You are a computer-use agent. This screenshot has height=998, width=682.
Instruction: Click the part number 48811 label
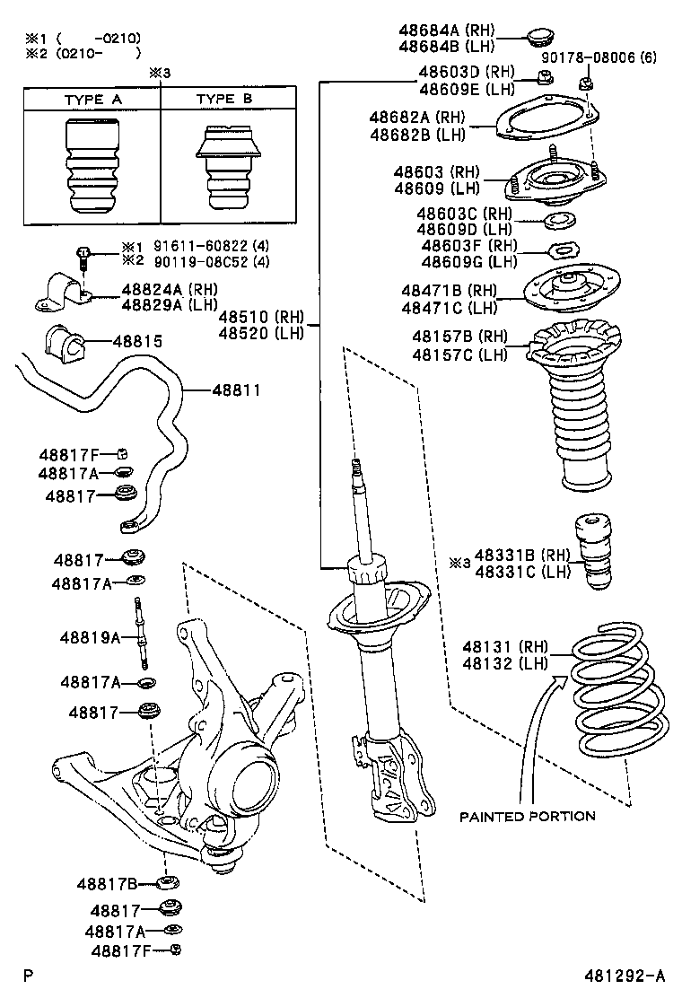click(x=237, y=390)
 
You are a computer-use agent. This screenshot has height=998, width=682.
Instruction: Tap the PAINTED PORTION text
click(x=527, y=816)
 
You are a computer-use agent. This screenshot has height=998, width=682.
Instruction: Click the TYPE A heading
click(x=92, y=100)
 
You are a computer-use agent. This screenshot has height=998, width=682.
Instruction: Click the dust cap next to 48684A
click(x=540, y=37)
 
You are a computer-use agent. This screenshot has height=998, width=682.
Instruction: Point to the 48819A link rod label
click(x=90, y=637)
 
